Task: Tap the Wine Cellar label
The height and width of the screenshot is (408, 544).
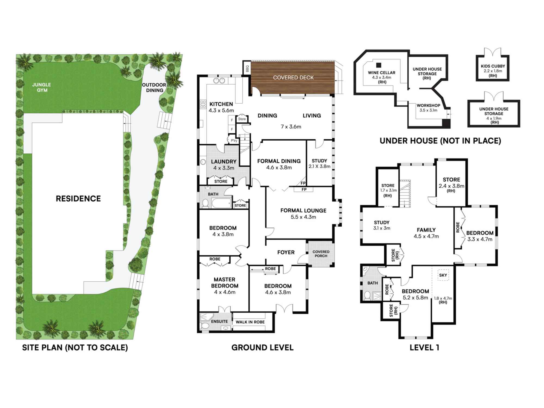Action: [382, 73]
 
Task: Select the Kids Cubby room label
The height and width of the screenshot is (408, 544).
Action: [493, 66]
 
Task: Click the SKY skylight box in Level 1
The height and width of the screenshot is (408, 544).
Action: [443, 275]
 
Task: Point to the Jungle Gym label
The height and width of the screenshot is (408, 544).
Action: [42, 87]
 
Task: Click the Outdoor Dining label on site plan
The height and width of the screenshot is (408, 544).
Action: [154, 88]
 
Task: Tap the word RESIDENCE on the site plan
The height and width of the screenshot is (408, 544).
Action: [78, 199]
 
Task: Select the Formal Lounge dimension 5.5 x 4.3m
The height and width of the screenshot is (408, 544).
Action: [303, 217]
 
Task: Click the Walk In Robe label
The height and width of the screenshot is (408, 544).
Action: [250, 322]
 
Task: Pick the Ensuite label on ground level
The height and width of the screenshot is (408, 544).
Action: [219, 322]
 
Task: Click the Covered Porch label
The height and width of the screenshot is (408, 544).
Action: [321, 254]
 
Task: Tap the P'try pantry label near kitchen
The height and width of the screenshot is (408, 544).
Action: [234, 141]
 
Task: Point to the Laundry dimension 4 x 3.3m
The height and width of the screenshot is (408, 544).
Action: [224, 168]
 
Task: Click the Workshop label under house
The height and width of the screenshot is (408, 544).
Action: [428, 106]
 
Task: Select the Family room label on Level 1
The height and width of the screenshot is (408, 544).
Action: [426, 230]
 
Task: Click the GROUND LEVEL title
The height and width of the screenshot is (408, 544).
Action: [262, 348]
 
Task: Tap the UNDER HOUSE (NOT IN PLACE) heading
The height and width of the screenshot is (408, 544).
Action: [440, 141]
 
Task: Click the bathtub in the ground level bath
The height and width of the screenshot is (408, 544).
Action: [221, 203]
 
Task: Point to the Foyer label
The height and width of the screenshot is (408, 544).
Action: [286, 252]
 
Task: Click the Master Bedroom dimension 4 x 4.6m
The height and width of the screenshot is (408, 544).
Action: [225, 292]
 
